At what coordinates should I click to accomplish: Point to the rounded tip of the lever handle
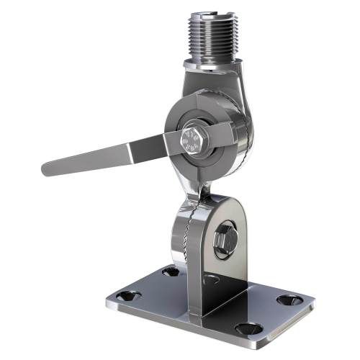click(48, 170)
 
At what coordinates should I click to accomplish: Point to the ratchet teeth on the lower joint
click(189, 238)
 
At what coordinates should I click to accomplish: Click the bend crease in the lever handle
click(132, 150)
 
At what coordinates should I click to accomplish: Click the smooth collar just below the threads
click(211, 64)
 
